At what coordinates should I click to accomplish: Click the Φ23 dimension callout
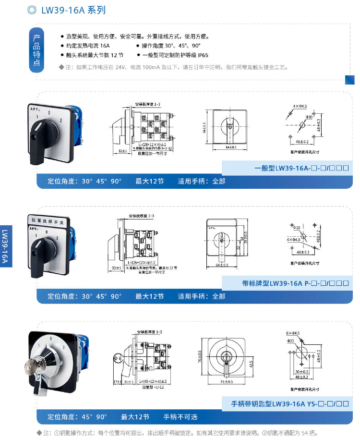pyautogui.click(x=292, y=341)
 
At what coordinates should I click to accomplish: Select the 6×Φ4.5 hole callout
pyautogui.click(x=292, y=332)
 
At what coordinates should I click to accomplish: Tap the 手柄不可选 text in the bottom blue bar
pyautogui.click(x=180, y=417)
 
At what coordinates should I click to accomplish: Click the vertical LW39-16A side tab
pyautogui.click(x=5, y=245)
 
